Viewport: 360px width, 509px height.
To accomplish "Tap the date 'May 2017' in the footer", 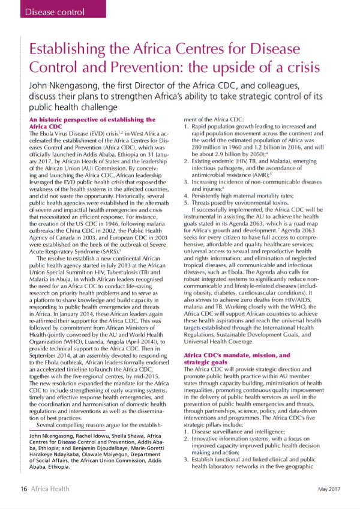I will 328,489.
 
